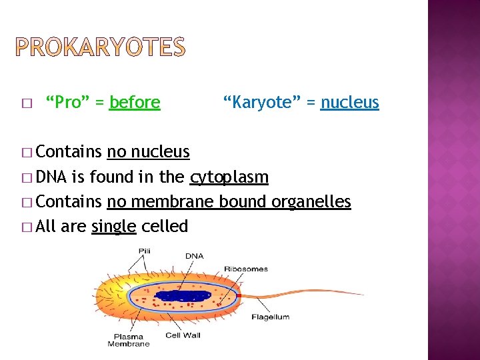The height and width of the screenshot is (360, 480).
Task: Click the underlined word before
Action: [x=135, y=103]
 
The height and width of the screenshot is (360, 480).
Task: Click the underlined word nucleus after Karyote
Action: [x=349, y=103]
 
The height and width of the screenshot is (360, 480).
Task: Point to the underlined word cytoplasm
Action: [x=229, y=177]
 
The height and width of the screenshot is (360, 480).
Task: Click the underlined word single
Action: [x=114, y=227]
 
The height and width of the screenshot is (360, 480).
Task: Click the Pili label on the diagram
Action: [x=145, y=251]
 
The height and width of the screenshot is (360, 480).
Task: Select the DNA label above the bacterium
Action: [x=194, y=255]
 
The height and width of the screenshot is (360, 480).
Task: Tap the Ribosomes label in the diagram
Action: [x=246, y=269]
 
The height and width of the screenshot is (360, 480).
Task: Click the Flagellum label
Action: [x=270, y=317]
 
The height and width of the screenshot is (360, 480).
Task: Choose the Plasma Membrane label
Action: [x=129, y=340]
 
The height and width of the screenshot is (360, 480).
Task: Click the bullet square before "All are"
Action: [x=27, y=227]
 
